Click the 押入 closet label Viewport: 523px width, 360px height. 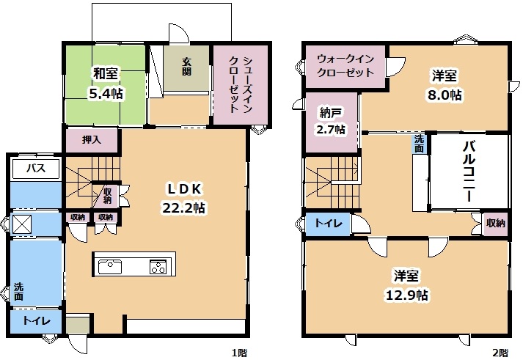pos(92,139)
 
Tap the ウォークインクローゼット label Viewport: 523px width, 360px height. pos(345,66)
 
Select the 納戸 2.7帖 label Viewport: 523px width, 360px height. pos(331,120)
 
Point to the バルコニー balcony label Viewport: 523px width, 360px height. pos(469,172)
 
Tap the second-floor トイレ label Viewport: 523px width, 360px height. pos(327,224)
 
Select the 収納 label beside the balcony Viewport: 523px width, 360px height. pos(496,224)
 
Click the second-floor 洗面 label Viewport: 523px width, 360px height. pos(419,143)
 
